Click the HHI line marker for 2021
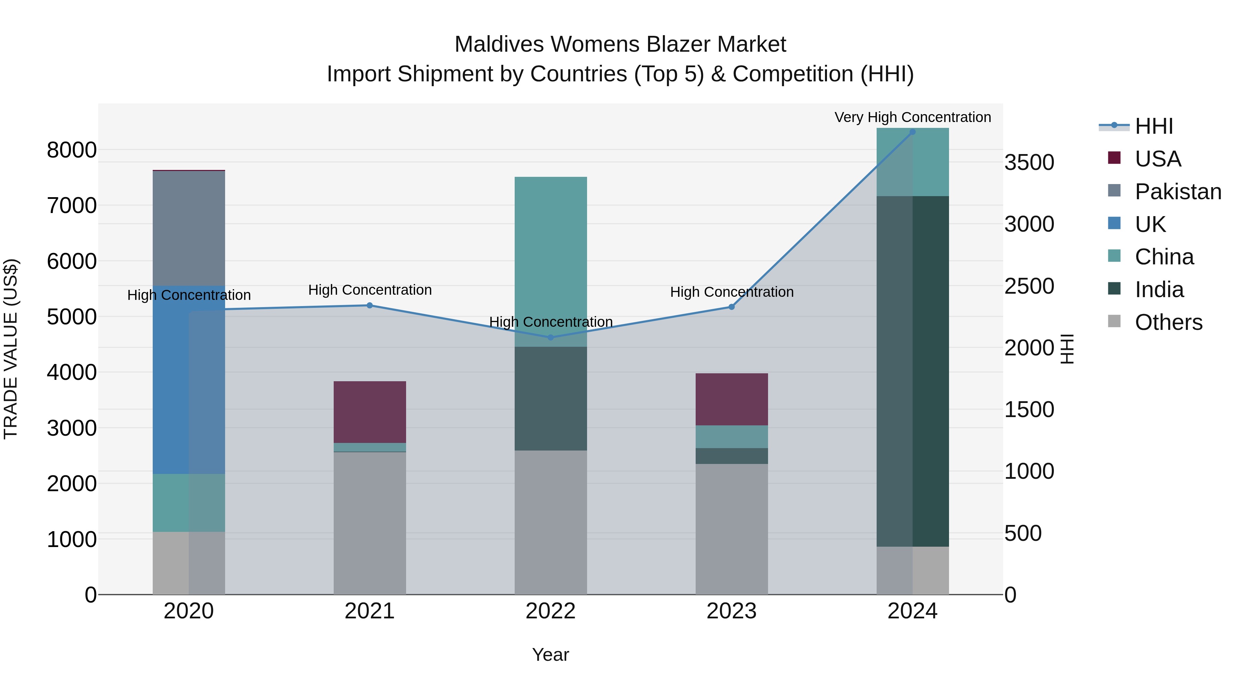pos(370,305)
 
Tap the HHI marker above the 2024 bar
pos(912,132)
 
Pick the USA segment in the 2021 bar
pos(370,412)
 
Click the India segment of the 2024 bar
pos(912,371)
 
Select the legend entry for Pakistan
pos(1178,192)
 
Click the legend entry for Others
pos(1168,322)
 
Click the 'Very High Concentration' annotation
pos(912,117)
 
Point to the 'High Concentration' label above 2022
pos(551,322)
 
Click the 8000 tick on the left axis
pos(71,150)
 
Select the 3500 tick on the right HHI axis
pos(1029,162)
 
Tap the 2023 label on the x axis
pos(731,611)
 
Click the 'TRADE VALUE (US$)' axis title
pos(11,349)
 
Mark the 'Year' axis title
pos(550,655)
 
